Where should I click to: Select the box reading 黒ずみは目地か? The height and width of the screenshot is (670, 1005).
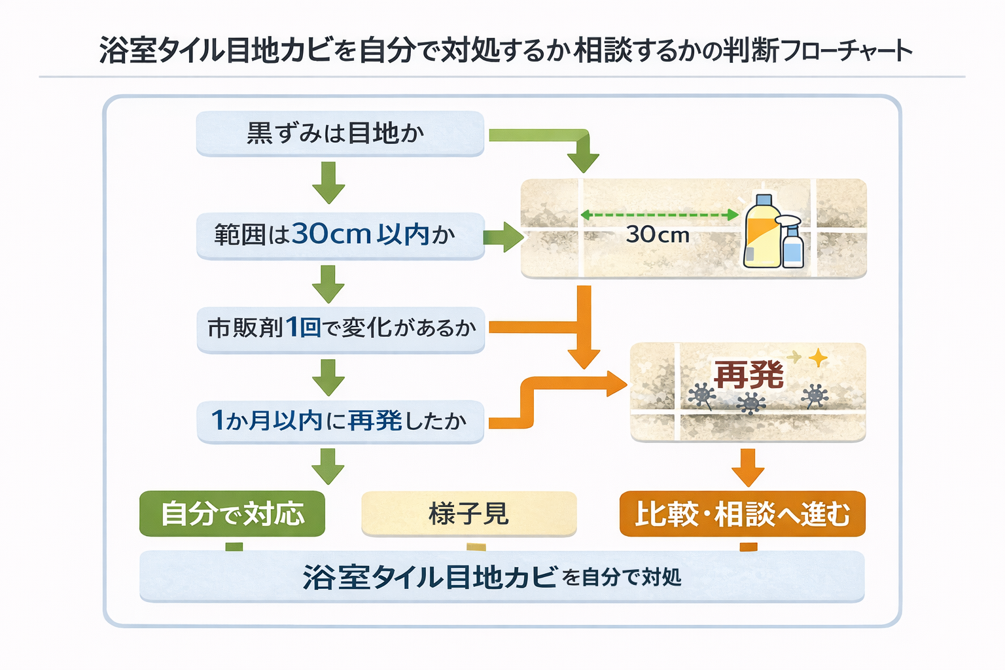(x=340, y=133)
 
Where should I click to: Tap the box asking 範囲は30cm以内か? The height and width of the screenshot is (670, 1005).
(x=340, y=235)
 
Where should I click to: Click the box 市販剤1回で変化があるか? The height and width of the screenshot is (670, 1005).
(x=340, y=328)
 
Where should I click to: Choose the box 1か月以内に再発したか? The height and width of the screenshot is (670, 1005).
(x=340, y=421)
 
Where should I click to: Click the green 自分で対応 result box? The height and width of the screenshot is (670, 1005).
(x=232, y=514)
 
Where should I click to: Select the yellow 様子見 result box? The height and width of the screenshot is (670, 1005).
(x=468, y=514)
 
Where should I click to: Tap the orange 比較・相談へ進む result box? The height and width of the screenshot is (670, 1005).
(x=742, y=514)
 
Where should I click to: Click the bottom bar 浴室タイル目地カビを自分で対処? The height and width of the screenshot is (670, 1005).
(x=501, y=576)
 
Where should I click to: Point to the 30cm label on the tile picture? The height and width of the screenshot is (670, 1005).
(x=658, y=235)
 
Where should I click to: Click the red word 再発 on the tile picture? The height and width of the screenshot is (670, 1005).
(x=749, y=374)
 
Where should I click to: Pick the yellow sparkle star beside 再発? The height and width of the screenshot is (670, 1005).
(x=818, y=358)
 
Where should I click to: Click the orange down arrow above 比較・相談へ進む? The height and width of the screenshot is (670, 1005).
(x=748, y=467)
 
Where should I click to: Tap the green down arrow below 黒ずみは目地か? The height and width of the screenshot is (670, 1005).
(x=328, y=183)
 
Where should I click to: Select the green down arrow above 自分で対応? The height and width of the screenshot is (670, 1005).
(x=328, y=466)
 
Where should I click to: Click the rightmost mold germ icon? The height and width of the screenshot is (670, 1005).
(x=815, y=396)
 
